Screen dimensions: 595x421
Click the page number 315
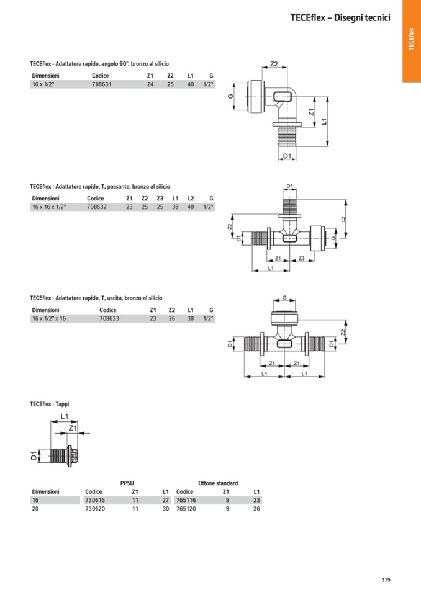coord(386,580)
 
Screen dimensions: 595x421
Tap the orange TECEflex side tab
coord(411,40)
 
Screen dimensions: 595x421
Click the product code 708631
coord(101,84)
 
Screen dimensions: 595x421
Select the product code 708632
coord(97,207)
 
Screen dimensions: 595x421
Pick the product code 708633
coord(109,318)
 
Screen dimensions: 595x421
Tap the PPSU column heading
coord(127,483)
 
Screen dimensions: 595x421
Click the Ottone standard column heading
coord(218,483)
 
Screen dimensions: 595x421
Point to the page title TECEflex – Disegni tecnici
coord(340,18)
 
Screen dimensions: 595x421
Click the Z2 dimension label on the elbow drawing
coord(274,64)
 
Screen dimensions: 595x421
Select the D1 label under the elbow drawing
coord(287,156)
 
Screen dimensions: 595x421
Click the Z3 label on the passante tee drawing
coord(301,257)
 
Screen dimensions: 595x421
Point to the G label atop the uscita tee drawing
coord(284,298)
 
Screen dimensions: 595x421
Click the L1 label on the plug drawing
coord(65,417)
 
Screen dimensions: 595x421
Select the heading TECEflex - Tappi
coord(50,404)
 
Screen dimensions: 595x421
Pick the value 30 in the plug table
coord(165,508)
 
